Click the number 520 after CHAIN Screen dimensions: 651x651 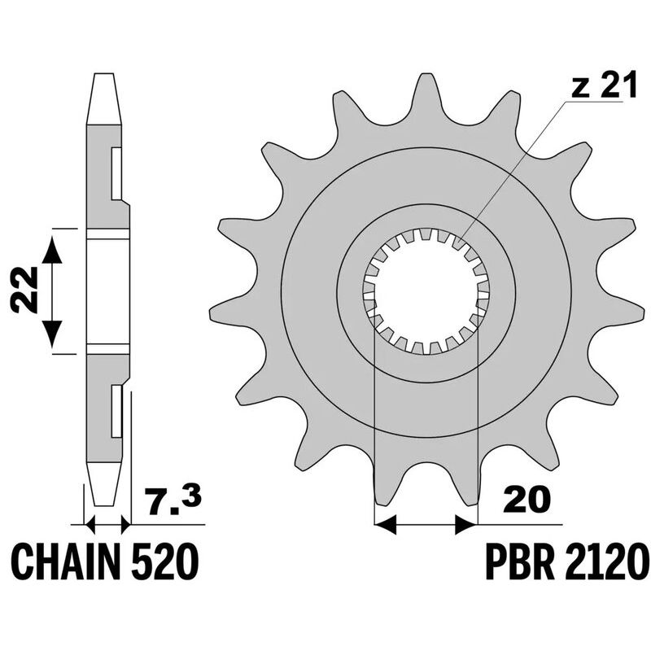click(166, 561)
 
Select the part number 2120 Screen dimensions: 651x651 click(604, 561)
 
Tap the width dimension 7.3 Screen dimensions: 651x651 click(172, 497)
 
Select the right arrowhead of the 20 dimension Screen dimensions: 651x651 click(466, 525)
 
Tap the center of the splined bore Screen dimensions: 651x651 click(426, 291)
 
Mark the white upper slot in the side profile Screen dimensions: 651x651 click(116, 174)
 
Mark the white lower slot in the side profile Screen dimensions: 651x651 click(116, 412)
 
